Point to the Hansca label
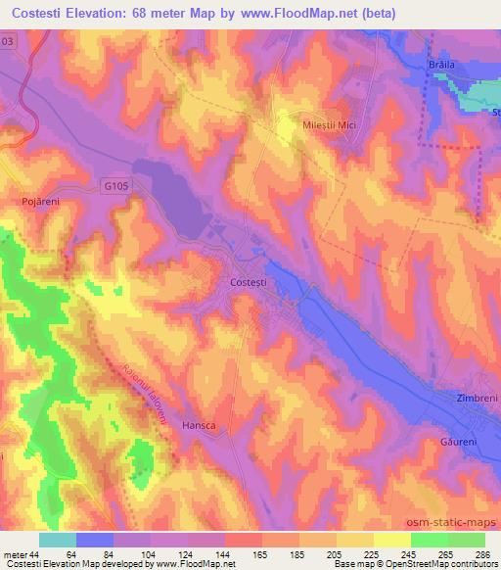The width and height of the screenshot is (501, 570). pos(200,426)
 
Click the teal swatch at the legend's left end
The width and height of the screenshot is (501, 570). pos(58,540)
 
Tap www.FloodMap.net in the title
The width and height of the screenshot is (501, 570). pos(313,13)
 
